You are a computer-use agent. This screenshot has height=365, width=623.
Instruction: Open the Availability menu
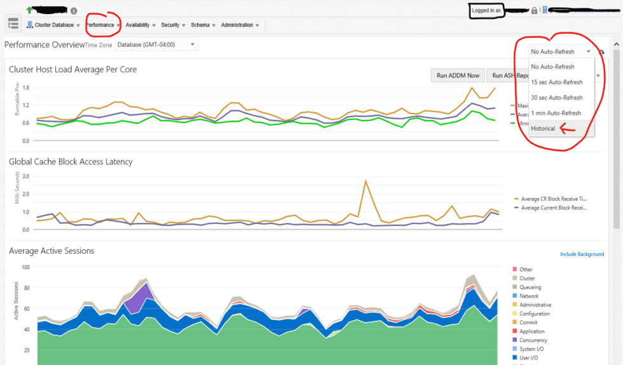click(x=138, y=25)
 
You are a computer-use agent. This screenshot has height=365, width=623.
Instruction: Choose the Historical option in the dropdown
click(x=543, y=128)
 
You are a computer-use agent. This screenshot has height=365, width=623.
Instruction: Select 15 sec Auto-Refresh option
click(x=556, y=82)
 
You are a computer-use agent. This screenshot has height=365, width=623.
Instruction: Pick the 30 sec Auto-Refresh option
click(x=556, y=98)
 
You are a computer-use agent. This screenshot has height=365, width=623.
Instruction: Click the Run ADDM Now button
click(x=458, y=76)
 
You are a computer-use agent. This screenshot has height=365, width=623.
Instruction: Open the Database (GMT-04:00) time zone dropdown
click(x=156, y=44)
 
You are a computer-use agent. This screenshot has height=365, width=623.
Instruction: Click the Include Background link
click(x=582, y=255)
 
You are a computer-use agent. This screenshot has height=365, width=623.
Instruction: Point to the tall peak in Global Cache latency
click(x=366, y=182)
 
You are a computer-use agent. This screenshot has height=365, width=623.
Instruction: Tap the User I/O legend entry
click(x=529, y=358)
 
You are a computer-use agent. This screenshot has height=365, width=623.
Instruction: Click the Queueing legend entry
click(x=530, y=288)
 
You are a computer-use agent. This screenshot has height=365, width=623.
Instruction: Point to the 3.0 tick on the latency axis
click(x=26, y=176)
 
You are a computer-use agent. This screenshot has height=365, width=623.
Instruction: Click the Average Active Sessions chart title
click(x=51, y=251)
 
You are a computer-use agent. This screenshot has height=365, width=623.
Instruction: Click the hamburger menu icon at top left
click(x=13, y=24)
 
